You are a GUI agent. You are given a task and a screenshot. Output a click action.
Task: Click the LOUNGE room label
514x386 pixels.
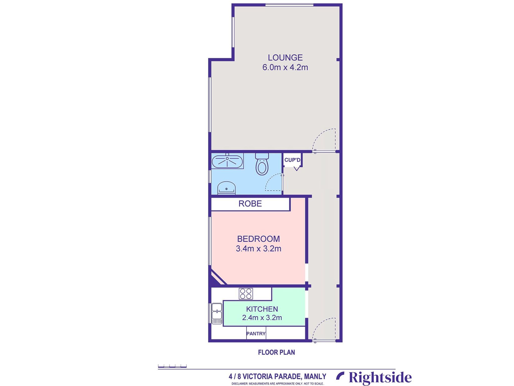pyautogui.click(x=285, y=58)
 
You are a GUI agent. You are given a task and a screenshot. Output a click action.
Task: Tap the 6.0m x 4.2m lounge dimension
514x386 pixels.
pyautogui.click(x=285, y=67)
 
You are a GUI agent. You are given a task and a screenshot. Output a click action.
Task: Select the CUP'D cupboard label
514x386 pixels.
pyautogui.click(x=292, y=160)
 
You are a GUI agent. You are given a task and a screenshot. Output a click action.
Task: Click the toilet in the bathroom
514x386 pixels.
pyautogui.click(x=262, y=165)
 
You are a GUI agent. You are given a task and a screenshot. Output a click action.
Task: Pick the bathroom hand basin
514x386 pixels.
pyautogui.click(x=227, y=188)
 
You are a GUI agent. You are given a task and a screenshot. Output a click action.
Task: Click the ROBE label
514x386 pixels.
pyautogui.click(x=250, y=204)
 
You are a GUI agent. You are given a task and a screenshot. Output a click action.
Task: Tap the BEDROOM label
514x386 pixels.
pyautogui.click(x=259, y=239)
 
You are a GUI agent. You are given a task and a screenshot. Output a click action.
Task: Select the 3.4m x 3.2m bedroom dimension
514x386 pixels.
pyautogui.click(x=259, y=249)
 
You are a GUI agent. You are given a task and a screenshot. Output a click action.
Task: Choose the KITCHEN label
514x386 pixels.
pyautogui.click(x=262, y=309)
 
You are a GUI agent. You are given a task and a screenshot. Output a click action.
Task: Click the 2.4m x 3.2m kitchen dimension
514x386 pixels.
pyautogui.click(x=262, y=318)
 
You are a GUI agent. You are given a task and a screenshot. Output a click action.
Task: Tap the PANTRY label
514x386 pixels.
pyautogui.click(x=256, y=334)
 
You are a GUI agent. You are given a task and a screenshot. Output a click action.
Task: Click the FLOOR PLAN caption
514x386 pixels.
pyautogui.click(x=276, y=352)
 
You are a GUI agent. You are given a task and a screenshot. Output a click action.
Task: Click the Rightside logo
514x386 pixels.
pyautogui.click(x=374, y=377)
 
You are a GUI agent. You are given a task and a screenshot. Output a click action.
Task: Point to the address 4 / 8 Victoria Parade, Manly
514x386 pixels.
pyautogui.click(x=277, y=376)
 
